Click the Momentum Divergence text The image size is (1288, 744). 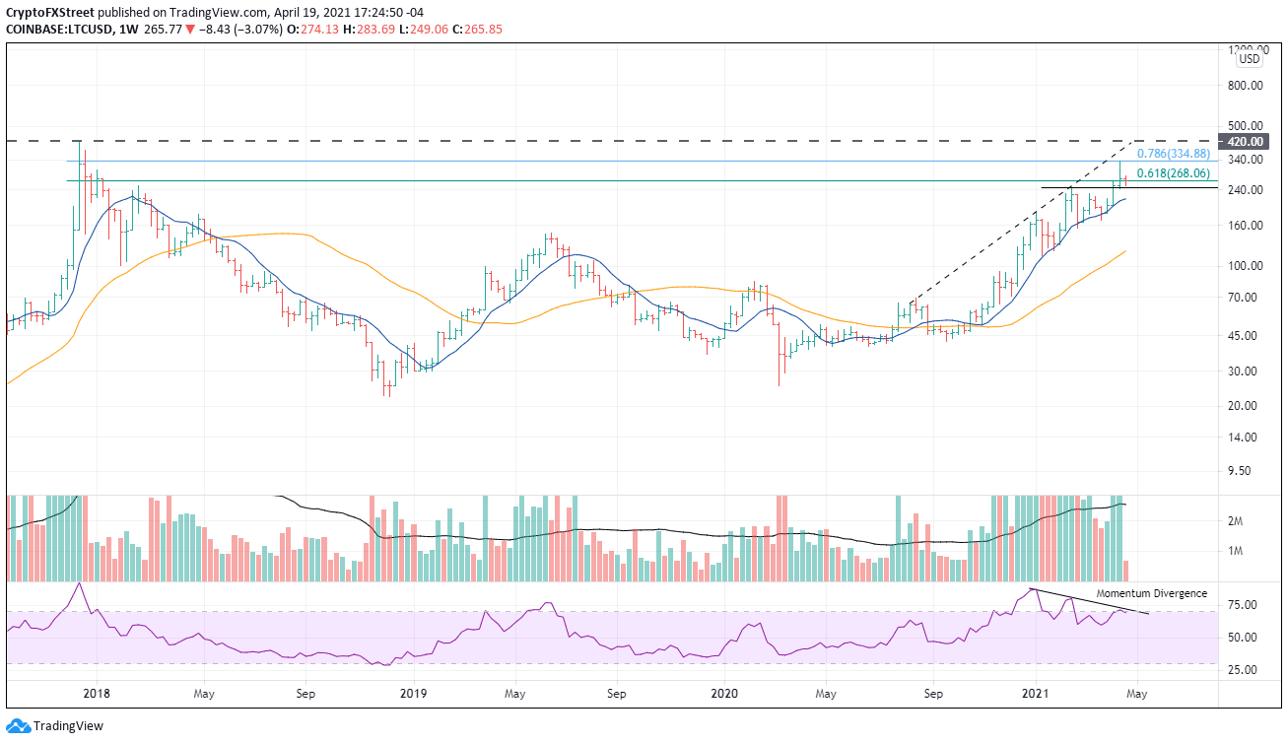[1151, 593]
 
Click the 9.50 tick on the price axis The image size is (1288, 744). [1250, 471]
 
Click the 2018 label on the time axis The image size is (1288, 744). [96, 693]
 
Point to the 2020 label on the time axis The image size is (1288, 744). [723, 693]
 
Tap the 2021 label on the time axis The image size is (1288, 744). [1036, 693]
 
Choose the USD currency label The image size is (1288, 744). [1250, 59]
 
